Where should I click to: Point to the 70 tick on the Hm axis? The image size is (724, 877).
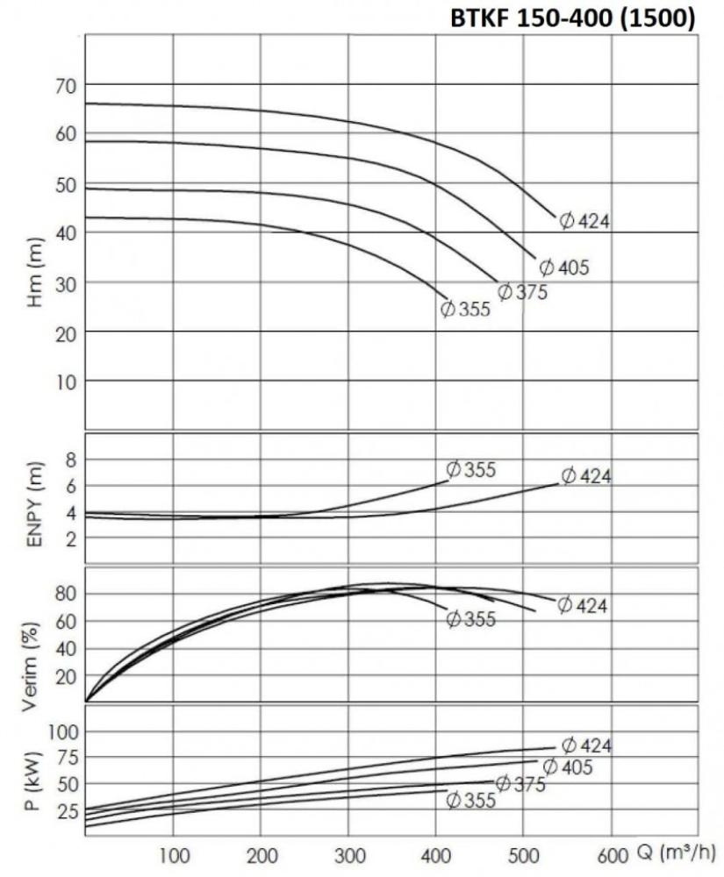[66, 85]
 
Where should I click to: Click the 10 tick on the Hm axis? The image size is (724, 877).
[66, 381]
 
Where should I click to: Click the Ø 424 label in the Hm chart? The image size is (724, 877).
[584, 221]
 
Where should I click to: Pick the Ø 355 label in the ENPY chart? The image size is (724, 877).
[471, 470]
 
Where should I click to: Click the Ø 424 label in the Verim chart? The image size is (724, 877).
[583, 605]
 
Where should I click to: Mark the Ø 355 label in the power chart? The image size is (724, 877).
[471, 800]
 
